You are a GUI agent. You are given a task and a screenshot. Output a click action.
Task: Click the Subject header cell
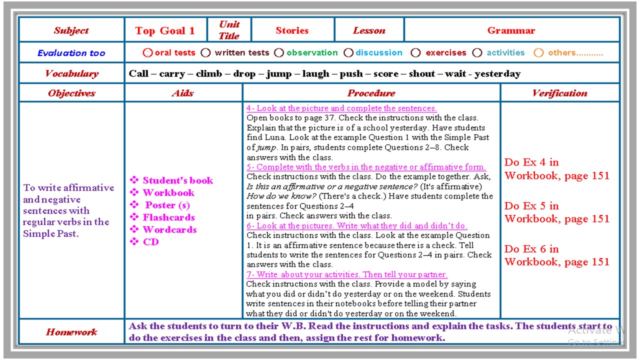(71, 30)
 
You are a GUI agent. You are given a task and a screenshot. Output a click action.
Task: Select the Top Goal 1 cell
(165, 30)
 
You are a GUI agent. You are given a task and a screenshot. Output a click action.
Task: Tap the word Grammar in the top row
(511, 30)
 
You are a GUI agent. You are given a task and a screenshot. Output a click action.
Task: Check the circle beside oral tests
(147, 52)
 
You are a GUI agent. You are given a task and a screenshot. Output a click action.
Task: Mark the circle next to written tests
(205, 52)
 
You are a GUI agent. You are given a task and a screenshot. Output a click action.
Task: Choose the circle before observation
(279, 52)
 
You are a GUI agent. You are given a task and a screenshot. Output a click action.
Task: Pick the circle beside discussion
(348, 52)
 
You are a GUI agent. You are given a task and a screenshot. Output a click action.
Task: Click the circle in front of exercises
(415, 52)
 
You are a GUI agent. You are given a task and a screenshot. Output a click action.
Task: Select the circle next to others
(538, 52)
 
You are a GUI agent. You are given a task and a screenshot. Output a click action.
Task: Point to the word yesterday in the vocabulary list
(497, 73)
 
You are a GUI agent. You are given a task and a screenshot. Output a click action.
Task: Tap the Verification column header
(559, 93)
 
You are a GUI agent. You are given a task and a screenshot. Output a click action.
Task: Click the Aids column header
(182, 93)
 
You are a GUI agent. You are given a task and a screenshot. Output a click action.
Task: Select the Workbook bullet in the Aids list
(168, 192)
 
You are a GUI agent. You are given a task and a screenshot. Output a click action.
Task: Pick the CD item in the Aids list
(150, 242)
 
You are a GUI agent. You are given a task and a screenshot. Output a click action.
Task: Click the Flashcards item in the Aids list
(168, 217)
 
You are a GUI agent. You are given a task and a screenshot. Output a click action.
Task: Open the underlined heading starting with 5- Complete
(366, 167)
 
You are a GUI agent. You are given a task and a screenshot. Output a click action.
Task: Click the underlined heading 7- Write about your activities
(347, 274)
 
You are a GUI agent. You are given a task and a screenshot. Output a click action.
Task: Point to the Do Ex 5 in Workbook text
(556, 212)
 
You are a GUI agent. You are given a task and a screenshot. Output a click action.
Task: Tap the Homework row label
(71, 332)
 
